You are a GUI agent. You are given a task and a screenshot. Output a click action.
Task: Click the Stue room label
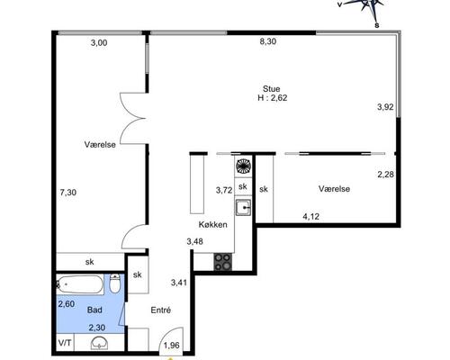point(272,89)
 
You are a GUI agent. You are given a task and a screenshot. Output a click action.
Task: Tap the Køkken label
point(212,224)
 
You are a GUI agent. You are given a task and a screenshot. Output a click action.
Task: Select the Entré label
point(161,310)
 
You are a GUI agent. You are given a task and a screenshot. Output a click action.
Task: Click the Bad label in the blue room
point(94,310)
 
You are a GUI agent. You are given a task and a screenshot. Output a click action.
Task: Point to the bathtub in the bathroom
point(80,284)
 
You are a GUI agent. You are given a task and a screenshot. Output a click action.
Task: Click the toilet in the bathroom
point(115,283)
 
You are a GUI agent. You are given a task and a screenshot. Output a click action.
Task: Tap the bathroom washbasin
point(100,343)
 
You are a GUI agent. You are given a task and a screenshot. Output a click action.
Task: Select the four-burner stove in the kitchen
point(223,262)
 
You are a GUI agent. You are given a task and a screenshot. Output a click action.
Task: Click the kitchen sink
point(243,208)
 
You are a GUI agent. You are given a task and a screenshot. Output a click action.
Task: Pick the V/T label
point(65,343)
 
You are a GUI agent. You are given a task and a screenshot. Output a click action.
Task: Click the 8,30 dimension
point(268,41)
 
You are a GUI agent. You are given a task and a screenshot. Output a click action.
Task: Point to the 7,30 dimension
point(68,193)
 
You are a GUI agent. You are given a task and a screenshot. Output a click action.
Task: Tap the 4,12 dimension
point(310,216)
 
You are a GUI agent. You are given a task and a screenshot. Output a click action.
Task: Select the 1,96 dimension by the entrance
point(172,346)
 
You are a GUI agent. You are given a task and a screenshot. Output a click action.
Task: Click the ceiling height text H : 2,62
point(273,98)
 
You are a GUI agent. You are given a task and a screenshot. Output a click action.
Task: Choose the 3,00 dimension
point(99,42)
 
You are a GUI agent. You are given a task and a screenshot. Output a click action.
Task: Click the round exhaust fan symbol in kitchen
point(244,166)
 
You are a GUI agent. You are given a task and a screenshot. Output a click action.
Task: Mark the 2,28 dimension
point(385,175)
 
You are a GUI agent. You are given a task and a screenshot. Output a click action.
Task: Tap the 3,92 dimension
point(385,107)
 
